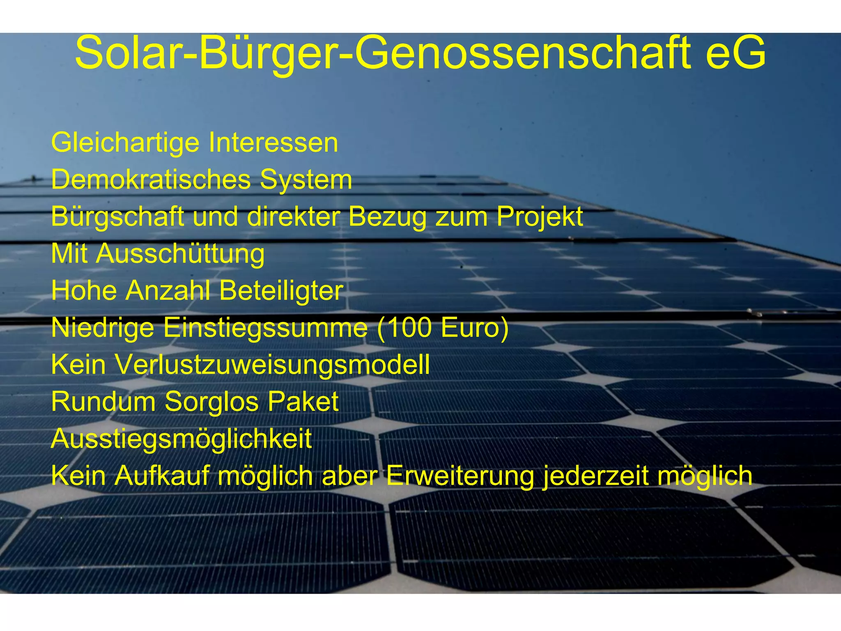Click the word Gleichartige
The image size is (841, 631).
[x=125, y=143]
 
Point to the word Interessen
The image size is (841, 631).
[x=273, y=143]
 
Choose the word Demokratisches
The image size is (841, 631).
[x=151, y=180]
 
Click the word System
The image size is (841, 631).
[x=306, y=180]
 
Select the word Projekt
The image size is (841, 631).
[x=540, y=217]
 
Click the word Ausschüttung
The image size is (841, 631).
[x=180, y=254]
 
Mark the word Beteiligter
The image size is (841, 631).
[x=281, y=291]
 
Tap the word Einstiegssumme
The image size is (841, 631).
[x=265, y=328]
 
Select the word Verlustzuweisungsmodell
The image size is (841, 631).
[x=272, y=365]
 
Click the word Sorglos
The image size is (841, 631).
[x=211, y=402]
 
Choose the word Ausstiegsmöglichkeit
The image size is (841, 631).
[x=181, y=439]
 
